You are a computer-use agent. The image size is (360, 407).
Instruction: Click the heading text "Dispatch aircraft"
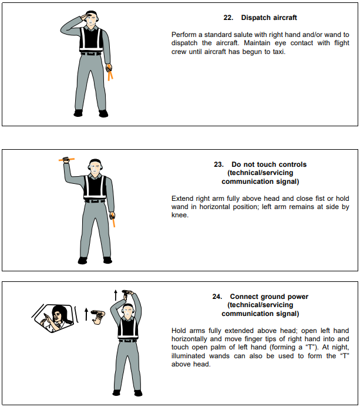tap(269, 18)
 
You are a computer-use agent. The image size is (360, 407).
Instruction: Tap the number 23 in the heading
tap(218, 164)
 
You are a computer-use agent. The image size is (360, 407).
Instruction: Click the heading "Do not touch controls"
tap(269, 164)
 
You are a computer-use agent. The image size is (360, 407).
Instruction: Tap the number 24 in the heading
tap(217, 297)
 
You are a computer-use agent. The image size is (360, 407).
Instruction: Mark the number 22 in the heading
tap(229, 18)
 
